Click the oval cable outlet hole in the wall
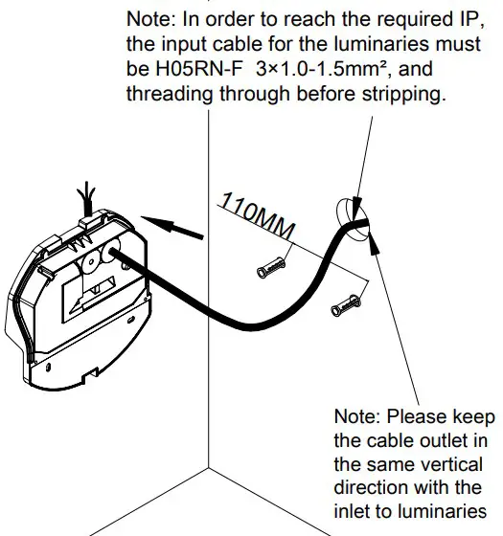pyautogui.click(x=351, y=220)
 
